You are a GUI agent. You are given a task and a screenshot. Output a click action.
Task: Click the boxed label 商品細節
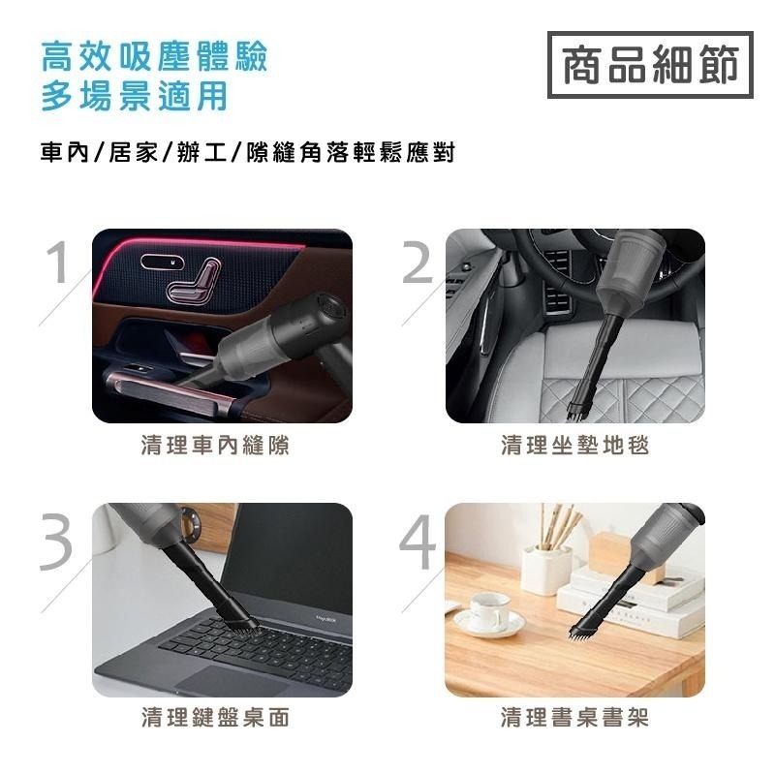click(x=650, y=65)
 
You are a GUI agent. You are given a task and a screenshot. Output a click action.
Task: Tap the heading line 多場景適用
click(x=134, y=97)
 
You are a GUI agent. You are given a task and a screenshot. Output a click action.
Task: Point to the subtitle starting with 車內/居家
click(x=247, y=153)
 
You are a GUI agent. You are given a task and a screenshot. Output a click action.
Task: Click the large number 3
click(x=58, y=539)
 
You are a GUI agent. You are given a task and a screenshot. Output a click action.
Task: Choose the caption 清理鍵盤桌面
click(x=215, y=717)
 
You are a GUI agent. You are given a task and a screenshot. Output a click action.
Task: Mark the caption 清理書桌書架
click(x=574, y=717)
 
